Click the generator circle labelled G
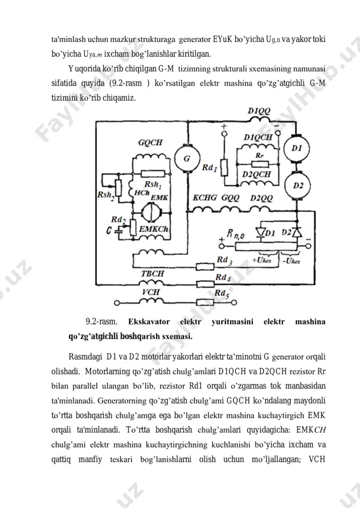187,159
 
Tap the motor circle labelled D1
296,149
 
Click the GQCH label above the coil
150,142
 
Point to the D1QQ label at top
259,111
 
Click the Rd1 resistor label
210,168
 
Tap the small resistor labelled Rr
260,164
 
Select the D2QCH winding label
256,174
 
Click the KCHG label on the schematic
205,198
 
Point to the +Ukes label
262,261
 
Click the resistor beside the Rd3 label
205,266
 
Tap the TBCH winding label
152,273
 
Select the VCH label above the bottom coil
151,292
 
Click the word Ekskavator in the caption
149,322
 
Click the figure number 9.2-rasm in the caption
101,322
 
